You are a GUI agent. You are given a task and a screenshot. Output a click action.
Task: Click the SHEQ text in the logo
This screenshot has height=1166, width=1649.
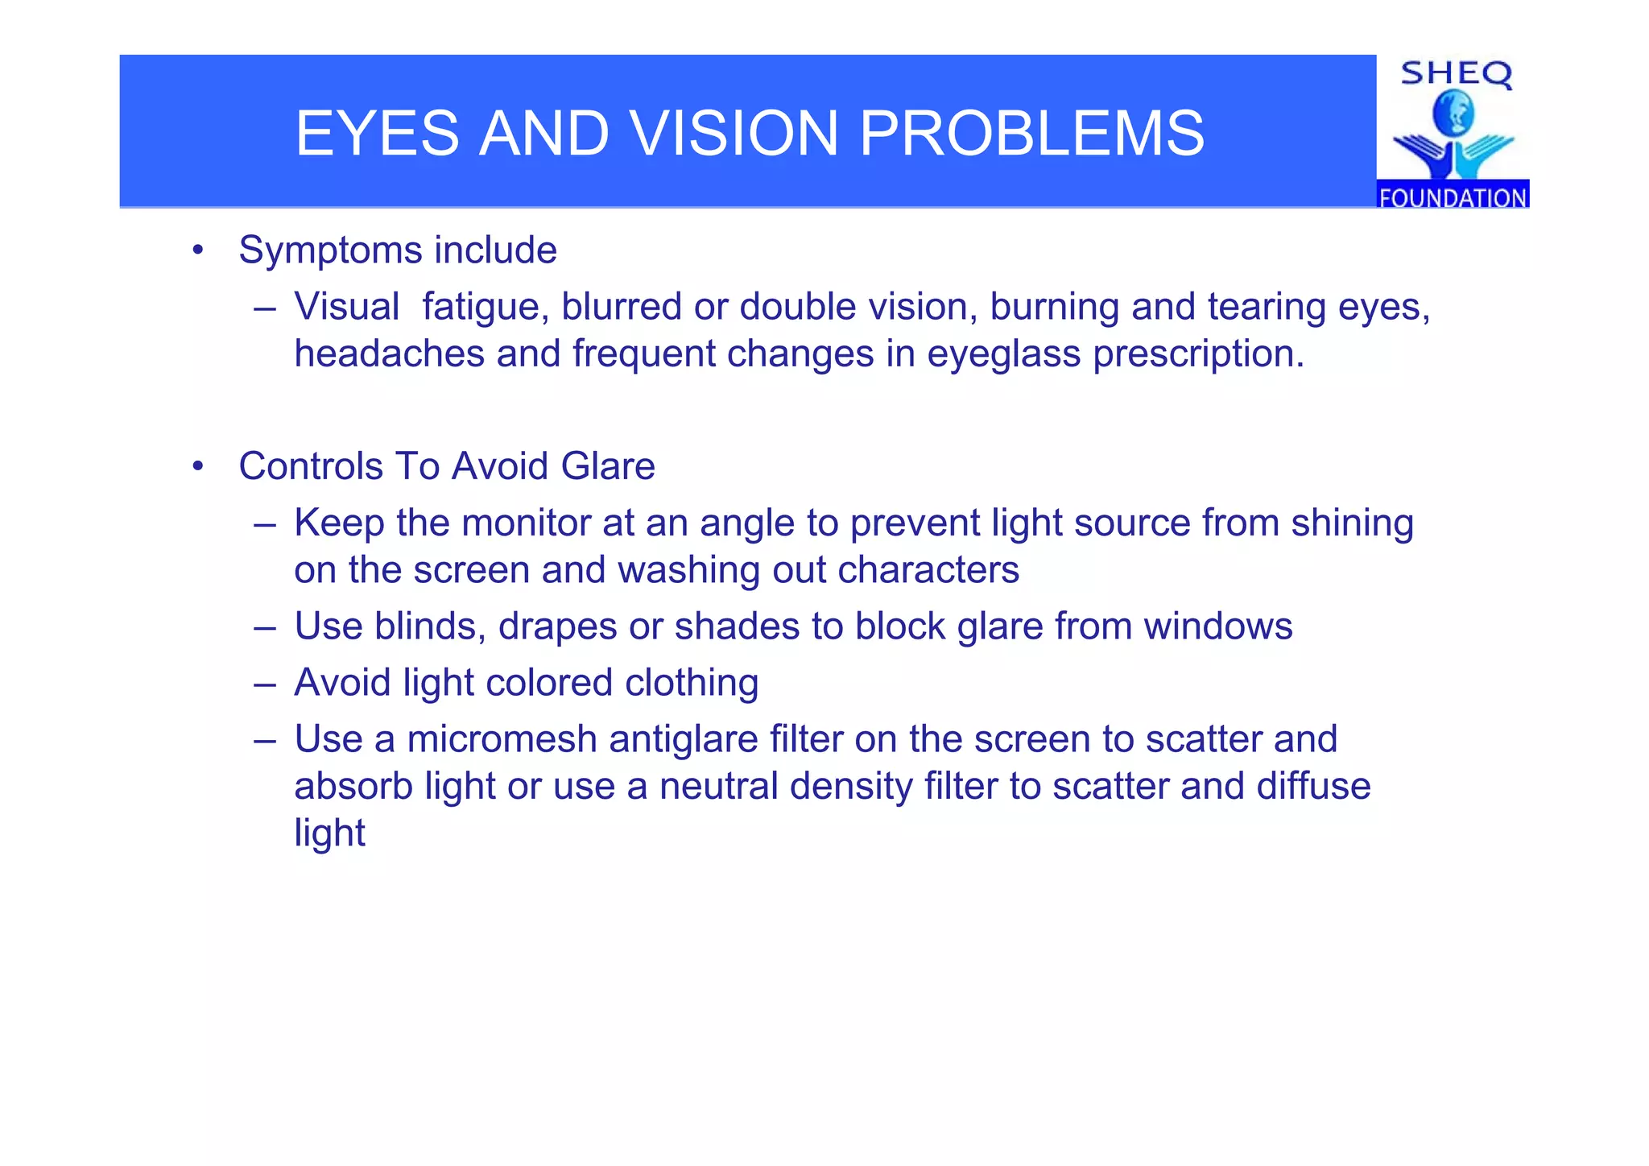[x=1456, y=74]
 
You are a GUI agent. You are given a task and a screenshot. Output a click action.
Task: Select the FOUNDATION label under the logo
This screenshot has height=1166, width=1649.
[x=1453, y=197]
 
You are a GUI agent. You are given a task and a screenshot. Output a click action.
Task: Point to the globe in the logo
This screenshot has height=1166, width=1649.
[x=1453, y=114]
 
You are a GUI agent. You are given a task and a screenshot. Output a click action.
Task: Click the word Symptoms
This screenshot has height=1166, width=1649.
[x=330, y=250]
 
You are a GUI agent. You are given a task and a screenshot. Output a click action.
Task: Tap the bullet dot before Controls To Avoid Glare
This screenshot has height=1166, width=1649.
[x=198, y=466]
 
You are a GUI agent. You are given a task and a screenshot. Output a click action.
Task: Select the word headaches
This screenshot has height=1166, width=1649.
[x=389, y=354]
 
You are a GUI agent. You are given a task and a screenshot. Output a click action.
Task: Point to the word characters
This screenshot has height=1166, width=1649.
[x=928, y=570]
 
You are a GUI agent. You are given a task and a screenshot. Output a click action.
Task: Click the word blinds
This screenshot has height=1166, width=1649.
[x=430, y=626]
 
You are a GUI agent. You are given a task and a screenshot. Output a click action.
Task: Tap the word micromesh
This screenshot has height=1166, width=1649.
[x=502, y=739]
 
